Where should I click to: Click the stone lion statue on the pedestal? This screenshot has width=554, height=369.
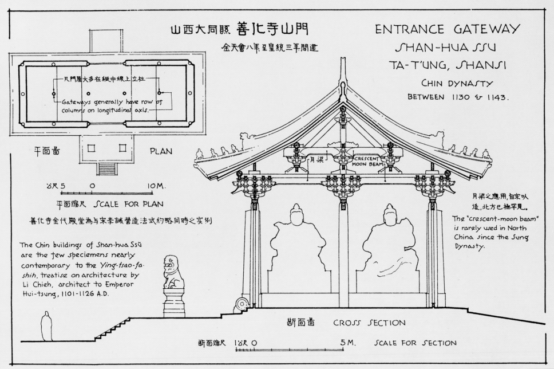pos(173,274)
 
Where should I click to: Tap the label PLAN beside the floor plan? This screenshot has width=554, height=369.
pos(161,152)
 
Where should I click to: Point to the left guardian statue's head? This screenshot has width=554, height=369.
pos(295,216)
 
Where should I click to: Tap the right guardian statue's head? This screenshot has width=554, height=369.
pos(389,216)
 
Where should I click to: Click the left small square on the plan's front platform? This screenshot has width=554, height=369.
pos(90,148)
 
